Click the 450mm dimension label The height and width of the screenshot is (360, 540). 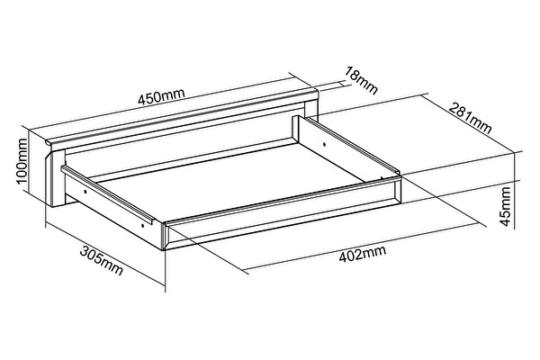161,96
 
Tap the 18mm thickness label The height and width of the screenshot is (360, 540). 361,81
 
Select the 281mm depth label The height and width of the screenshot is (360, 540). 470,118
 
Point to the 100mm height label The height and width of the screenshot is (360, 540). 22,161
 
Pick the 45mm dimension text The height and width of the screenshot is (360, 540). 505,206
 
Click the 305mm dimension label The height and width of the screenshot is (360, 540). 101,260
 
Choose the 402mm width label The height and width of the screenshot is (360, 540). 363,254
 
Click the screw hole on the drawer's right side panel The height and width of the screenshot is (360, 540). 324,144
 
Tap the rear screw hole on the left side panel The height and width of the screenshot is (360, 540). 85,190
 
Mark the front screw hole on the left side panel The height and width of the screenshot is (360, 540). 142,226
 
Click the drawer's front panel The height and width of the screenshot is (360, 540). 282,212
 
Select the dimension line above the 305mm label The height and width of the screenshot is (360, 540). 105,254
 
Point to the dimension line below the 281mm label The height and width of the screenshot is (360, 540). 471,126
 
